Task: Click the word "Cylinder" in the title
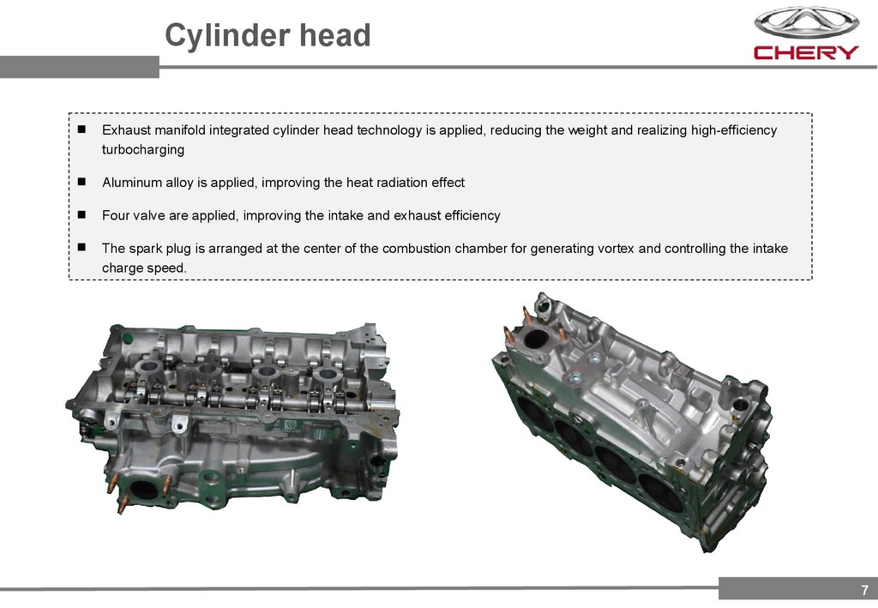pyautogui.click(x=227, y=36)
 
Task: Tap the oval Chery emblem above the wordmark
pyautogui.click(x=806, y=23)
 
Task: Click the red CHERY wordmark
pyautogui.click(x=806, y=52)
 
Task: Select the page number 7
pyautogui.click(x=864, y=589)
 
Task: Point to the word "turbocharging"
pyautogui.click(x=143, y=149)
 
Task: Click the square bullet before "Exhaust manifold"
pyautogui.click(x=81, y=129)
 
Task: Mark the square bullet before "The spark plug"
pyautogui.click(x=81, y=247)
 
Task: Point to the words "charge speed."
pyautogui.click(x=144, y=268)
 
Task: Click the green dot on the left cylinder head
pyautogui.click(x=129, y=339)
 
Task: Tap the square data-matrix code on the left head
pyautogui.click(x=290, y=425)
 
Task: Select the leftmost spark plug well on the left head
pyautogui.click(x=149, y=367)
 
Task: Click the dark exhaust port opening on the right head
pyautogui.click(x=536, y=339)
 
